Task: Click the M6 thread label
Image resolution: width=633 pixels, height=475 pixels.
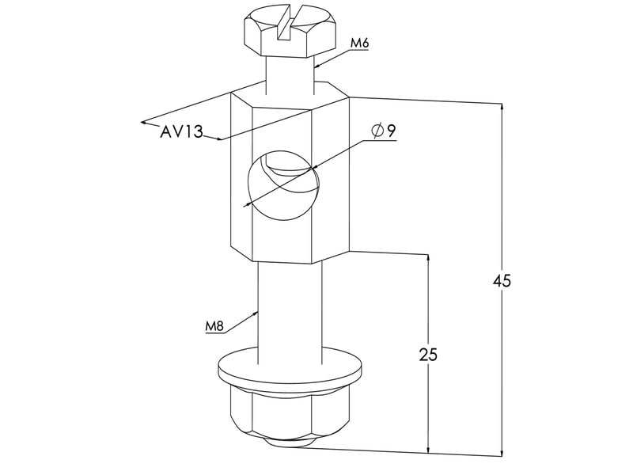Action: pos(360,44)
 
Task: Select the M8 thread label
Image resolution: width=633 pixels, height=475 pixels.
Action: pos(215,326)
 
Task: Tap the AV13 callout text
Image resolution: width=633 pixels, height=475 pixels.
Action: pos(181,132)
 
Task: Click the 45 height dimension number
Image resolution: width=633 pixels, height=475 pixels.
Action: pos(502,281)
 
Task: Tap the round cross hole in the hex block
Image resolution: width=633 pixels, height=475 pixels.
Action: pos(282,187)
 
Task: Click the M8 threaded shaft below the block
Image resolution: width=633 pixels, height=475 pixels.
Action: pos(290,309)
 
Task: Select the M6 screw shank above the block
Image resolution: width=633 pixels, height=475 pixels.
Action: pos(290,75)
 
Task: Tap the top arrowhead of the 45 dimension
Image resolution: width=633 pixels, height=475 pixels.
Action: pos(502,108)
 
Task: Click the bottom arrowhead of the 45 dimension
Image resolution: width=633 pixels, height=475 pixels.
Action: pos(502,451)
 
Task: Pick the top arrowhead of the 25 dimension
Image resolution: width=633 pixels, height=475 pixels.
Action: pos(428,260)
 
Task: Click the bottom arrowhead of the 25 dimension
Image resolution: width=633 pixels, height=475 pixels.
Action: pos(428,448)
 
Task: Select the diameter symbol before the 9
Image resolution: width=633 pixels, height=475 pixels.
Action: pos(376,131)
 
